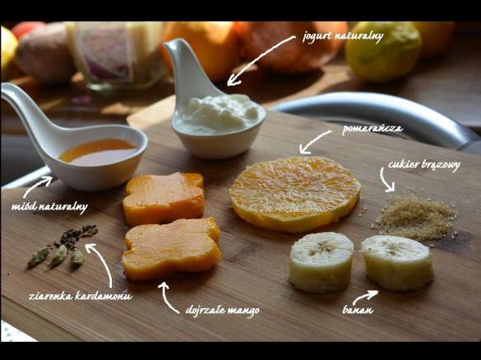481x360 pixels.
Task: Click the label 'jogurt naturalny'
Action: click(x=343, y=36)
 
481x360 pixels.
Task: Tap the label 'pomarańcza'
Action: click(x=372, y=128)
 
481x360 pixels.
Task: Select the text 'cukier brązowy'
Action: click(x=424, y=165)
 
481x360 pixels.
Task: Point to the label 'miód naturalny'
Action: click(x=49, y=207)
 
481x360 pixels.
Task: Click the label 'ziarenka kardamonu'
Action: click(x=81, y=296)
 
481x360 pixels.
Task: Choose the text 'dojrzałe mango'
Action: click(x=223, y=311)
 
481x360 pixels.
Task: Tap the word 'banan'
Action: click(x=358, y=310)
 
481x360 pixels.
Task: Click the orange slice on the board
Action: click(x=295, y=193)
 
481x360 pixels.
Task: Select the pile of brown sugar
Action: click(x=416, y=218)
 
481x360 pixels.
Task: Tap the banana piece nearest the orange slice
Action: click(x=321, y=261)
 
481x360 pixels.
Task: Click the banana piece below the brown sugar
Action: click(x=397, y=262)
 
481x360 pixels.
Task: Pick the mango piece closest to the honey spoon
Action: click(x=163, y=198)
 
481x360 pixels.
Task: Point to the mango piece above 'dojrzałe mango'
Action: click(x=171, y=249)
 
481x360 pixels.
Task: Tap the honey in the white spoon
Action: click(x=98, y=150)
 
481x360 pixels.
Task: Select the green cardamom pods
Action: click(x=57, y=256)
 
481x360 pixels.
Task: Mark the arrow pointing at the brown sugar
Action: click(x=386, y=180)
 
